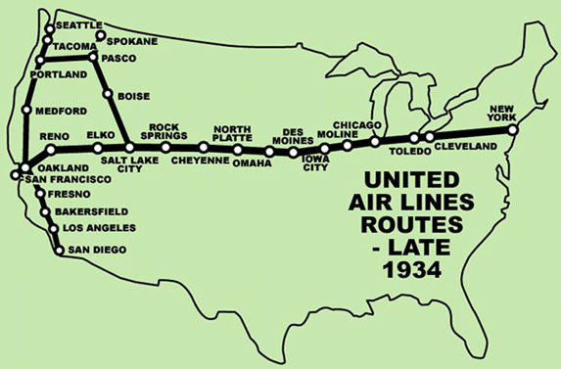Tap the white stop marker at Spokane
click(x=100, y=37)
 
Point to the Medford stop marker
click(x=26, y=111)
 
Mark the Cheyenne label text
click(x=200, y=161)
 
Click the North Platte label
click(x=232, y=133)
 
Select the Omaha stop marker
click(x=268, y=152)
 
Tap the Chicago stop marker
click(x=374, y=142)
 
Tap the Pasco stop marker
click(x=93, y=59)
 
